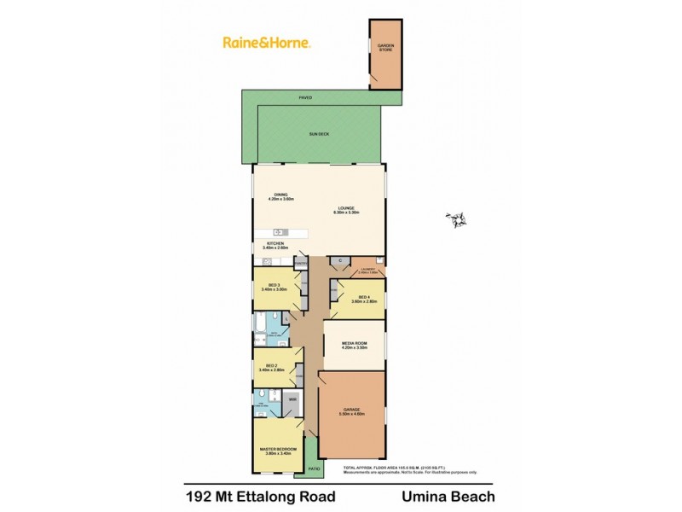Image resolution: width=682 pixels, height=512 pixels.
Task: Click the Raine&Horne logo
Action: point(265,42)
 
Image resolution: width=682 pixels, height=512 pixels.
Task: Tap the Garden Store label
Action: point(385,48)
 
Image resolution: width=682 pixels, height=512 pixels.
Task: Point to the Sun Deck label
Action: point(319,135)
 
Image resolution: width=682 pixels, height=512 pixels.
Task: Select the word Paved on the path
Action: point(304,98)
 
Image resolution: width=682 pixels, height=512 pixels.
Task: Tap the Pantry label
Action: point(301,265)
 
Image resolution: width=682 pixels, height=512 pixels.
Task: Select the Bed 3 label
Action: point(275,285)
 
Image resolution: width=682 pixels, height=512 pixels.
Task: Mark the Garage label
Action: point(352,410)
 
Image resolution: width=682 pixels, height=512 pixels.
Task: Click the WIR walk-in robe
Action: point(292,399)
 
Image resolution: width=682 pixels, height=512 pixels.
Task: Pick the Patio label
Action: point(313,468)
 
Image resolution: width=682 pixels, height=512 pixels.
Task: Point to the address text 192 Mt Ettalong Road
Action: point(260,496)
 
